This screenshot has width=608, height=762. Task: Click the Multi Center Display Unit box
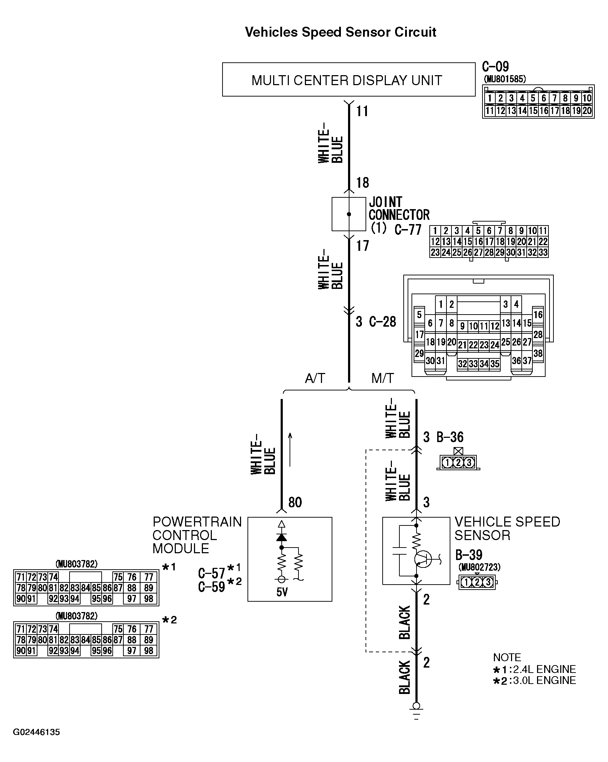pyautogui.click(x=348, y=80)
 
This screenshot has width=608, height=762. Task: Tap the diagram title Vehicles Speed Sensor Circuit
pyautogui.click(x=340, y=32)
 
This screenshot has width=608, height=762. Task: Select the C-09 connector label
pyautogui.click(x=495, y=67)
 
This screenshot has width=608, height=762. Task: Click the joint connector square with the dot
pyautogui.click(x=348, y=214)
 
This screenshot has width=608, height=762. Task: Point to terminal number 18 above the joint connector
pyautogui.click(x=362, y=183)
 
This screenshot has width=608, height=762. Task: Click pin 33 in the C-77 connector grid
pyautogui.click(x=542, y=253)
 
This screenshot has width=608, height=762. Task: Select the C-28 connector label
pyautogui.click(x=382, y=322)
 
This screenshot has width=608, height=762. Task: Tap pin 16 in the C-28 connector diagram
pyautogui.click(x=538, y=315)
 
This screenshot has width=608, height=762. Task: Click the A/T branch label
pyautogui.click(x=315, y=378)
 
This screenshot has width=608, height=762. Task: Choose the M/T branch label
pyautogui.click(x=382, y=378)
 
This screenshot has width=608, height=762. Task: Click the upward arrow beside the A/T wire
pyautogui.click(x=290, y=450)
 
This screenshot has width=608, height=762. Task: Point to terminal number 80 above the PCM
pyautogui.click(x=295, y=502)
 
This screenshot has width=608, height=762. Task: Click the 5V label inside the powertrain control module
pyautogui.click(x=282, y=592)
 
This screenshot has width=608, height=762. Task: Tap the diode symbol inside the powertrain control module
pyautogui.click(x=281, y=536)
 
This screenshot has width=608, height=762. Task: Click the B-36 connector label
pyautogui.click(x=450, y=437)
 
